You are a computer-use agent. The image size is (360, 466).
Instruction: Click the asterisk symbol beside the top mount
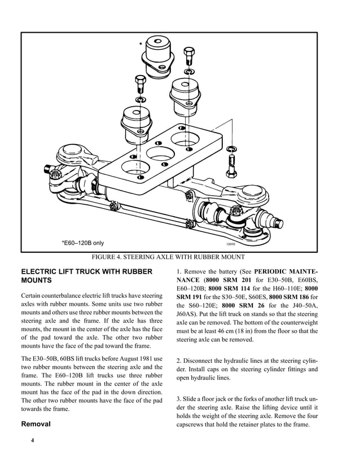click(140, 44)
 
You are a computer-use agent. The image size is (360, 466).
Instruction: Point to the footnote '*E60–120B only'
click(83, 243)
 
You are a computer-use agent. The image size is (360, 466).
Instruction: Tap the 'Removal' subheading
click(37, 423)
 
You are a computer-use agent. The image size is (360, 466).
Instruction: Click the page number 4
click(33, 440)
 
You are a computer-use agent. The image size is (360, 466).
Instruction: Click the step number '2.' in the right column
click(179, 360)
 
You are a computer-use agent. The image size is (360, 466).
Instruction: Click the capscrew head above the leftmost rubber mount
click(140, 78)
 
